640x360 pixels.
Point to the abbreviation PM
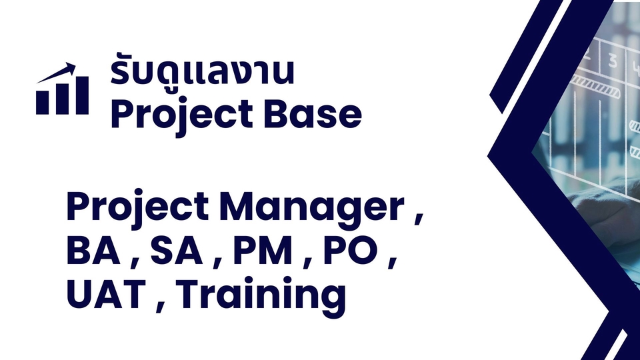coord(267,253)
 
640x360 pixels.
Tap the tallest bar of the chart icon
coord(81,95)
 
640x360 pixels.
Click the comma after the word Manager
coord(418,220)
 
